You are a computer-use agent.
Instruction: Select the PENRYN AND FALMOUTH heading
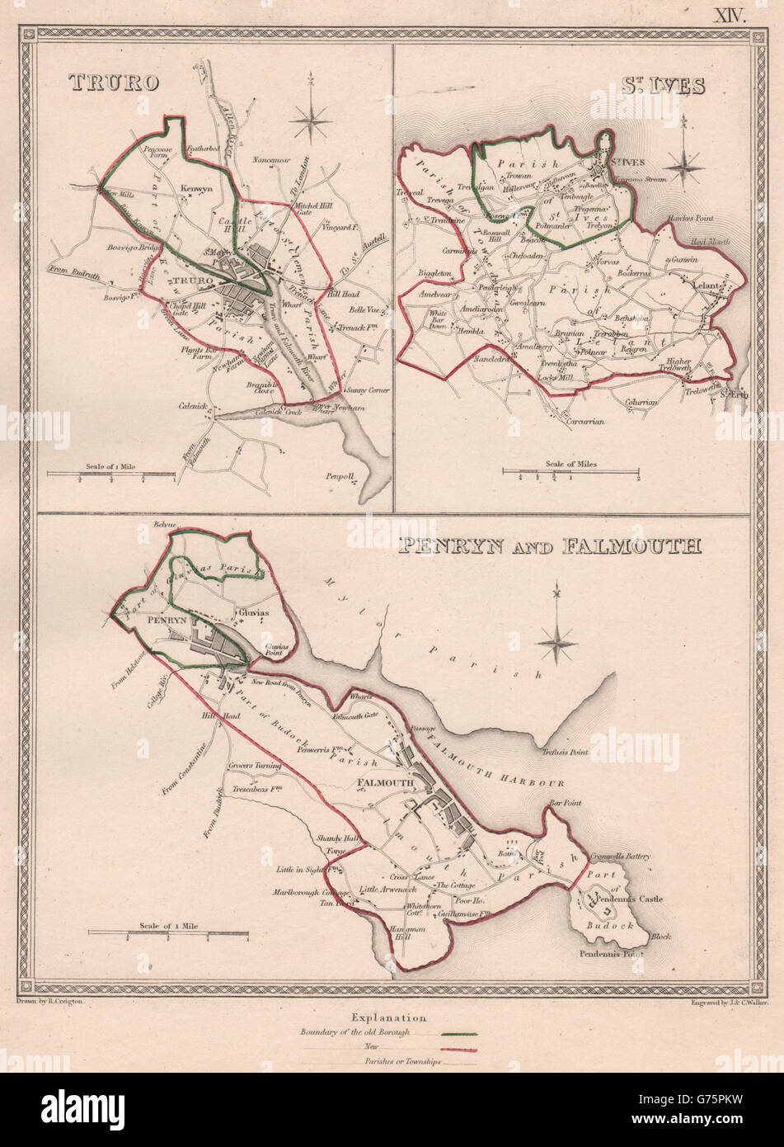pos(549,545)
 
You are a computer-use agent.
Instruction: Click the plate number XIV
pos(730,13)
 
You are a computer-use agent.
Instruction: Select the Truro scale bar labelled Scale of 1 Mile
pos(110,474)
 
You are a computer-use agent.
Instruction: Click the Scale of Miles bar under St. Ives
pos(571,473)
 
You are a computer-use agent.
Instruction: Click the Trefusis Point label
pos(566,752)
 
